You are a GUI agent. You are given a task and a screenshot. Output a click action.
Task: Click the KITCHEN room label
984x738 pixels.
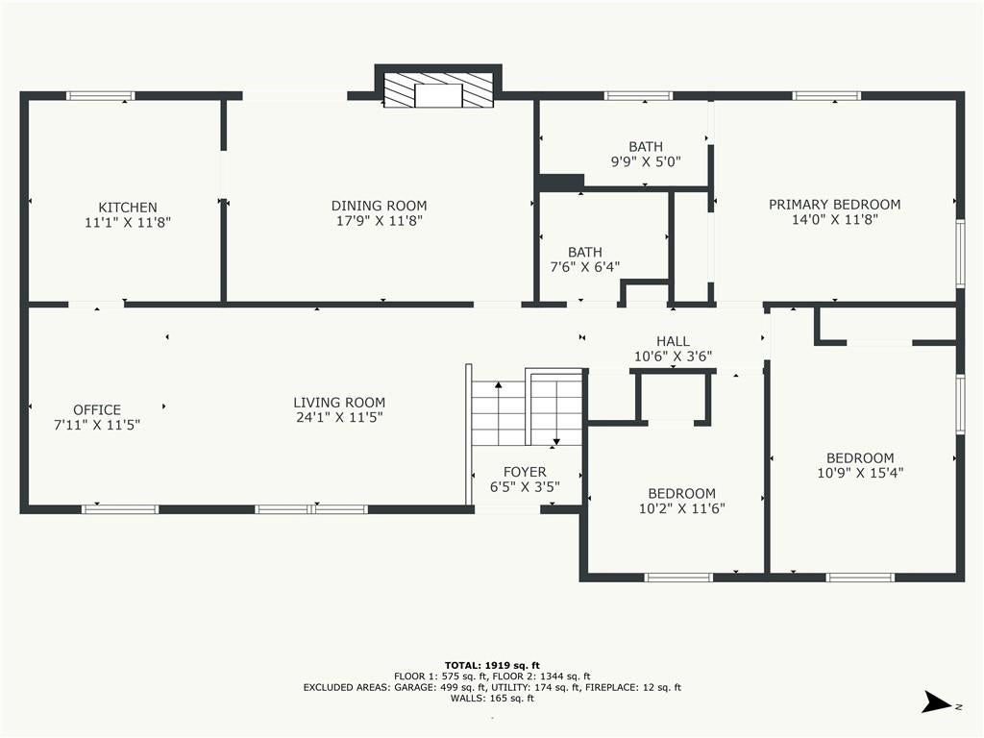click(128, 208)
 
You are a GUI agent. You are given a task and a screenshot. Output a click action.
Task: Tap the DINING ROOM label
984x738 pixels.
click(379, 206)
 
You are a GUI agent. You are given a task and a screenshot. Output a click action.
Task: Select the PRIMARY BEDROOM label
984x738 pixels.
click(835, 205)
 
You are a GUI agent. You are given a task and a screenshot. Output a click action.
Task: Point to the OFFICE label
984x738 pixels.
click(97, 409)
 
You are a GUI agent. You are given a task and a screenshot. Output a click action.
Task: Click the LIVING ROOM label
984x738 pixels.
click(339, 403)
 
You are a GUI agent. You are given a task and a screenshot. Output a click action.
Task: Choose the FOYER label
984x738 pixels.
click(525, 472)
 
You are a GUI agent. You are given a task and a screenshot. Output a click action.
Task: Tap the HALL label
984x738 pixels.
click(673, 341)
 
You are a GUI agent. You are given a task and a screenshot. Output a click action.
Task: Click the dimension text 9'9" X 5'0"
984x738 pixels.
click(646, 161)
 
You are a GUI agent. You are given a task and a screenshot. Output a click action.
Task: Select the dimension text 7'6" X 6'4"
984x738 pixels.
click(585, 267)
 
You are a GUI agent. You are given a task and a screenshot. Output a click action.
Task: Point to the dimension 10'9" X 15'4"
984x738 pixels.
click(860, 473)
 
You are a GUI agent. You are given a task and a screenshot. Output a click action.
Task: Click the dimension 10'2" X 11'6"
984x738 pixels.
click(681, 508)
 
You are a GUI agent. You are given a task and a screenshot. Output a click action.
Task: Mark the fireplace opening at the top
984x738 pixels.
click(438, 96)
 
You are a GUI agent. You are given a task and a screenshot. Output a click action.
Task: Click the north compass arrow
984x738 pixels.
click(936, 702)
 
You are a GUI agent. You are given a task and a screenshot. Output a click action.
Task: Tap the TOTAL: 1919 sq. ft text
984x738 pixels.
click(492, 665)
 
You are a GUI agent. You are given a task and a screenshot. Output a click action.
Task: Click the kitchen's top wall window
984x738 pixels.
click(100, 96)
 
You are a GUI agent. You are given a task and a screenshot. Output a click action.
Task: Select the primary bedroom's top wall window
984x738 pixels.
click(825, 96)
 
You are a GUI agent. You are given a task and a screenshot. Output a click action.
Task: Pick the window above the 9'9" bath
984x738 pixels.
click(638, 96)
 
